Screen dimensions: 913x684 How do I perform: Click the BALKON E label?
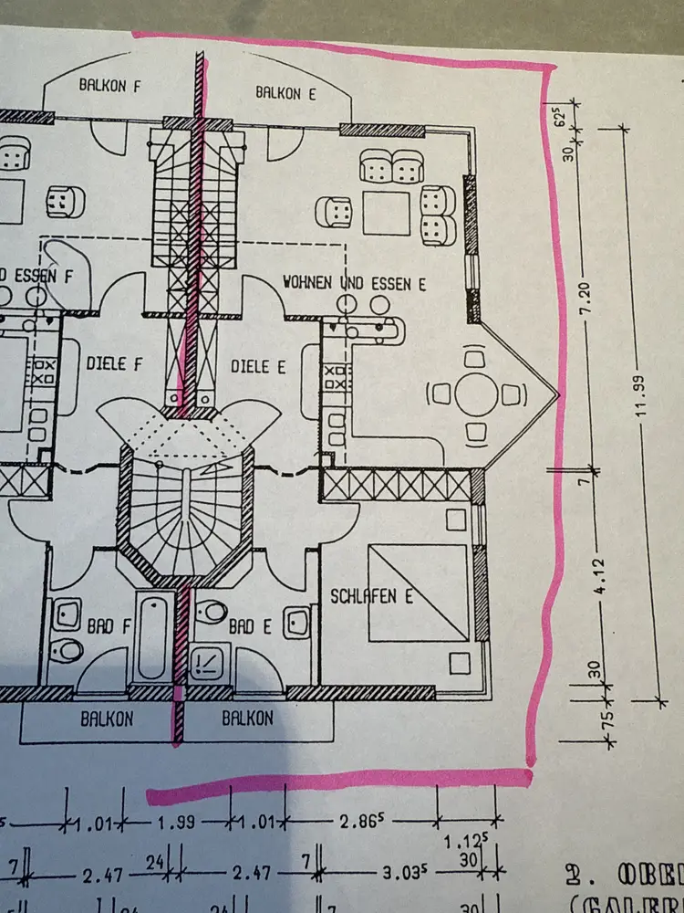click(282, 91)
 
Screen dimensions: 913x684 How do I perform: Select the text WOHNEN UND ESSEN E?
click(355, 284)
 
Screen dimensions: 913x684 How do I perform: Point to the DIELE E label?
click(258, 366)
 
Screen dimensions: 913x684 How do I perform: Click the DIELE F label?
click(115, 363)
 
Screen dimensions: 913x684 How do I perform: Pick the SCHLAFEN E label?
click(372, 596)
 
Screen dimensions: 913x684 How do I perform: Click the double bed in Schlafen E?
click(420, 593)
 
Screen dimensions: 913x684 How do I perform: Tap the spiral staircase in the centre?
click(186, 511)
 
